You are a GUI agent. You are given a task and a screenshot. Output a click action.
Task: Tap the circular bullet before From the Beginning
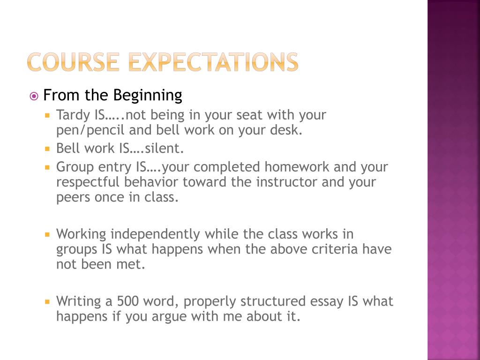[x=34, y=97]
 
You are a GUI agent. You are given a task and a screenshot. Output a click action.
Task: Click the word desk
[x=286, y=130]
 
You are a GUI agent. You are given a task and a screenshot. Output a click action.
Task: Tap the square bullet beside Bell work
[x=47, y=149]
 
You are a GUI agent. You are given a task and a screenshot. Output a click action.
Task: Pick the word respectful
[x=88, y=182]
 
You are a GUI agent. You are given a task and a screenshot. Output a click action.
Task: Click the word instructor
[x=287, y=182]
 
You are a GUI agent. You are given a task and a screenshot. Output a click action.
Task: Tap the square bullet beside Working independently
[x=47, y=234]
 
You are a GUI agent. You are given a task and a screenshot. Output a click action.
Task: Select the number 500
[x=128, y=301]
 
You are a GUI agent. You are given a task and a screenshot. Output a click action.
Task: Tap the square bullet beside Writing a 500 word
[x=47, y=301]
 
